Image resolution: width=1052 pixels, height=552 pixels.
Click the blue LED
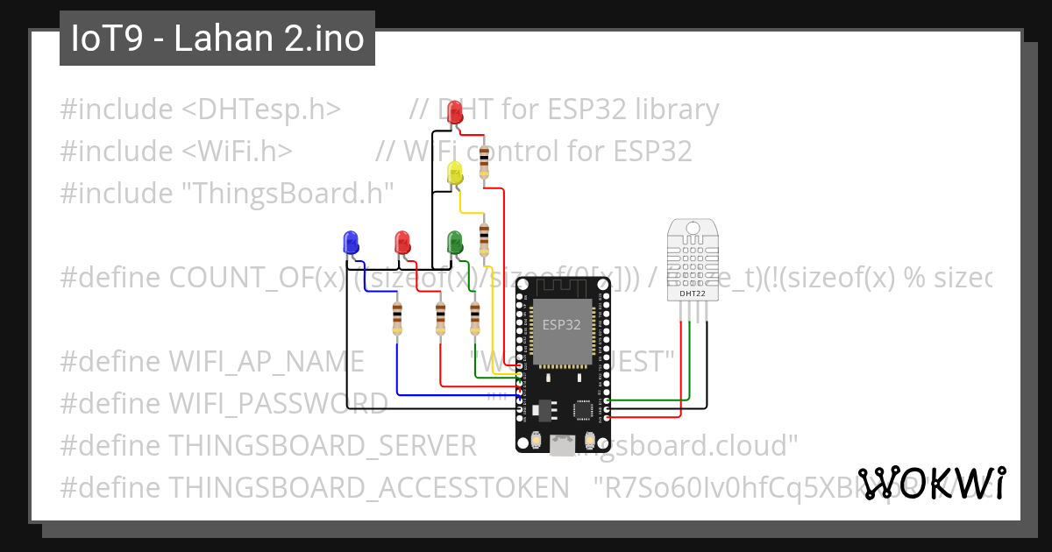[351, 243]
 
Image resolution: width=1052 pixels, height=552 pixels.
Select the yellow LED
[455, 173]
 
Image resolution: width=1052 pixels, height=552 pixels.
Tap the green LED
[455, 242]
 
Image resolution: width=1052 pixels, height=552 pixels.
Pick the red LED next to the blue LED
[402, 243]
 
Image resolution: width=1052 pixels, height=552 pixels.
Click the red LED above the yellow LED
[455, 112]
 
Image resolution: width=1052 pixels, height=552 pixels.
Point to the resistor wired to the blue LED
[398, 318]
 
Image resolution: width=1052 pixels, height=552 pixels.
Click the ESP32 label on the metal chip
[561, 325]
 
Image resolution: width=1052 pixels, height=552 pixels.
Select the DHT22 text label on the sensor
[693, 294]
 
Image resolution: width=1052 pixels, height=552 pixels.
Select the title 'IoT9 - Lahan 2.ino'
[217, 39]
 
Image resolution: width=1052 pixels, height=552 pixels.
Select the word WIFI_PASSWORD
[277, 403]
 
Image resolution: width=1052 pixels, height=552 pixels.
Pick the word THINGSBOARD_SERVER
[322, 445]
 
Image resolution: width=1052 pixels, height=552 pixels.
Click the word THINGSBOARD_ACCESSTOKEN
[362, 486]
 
